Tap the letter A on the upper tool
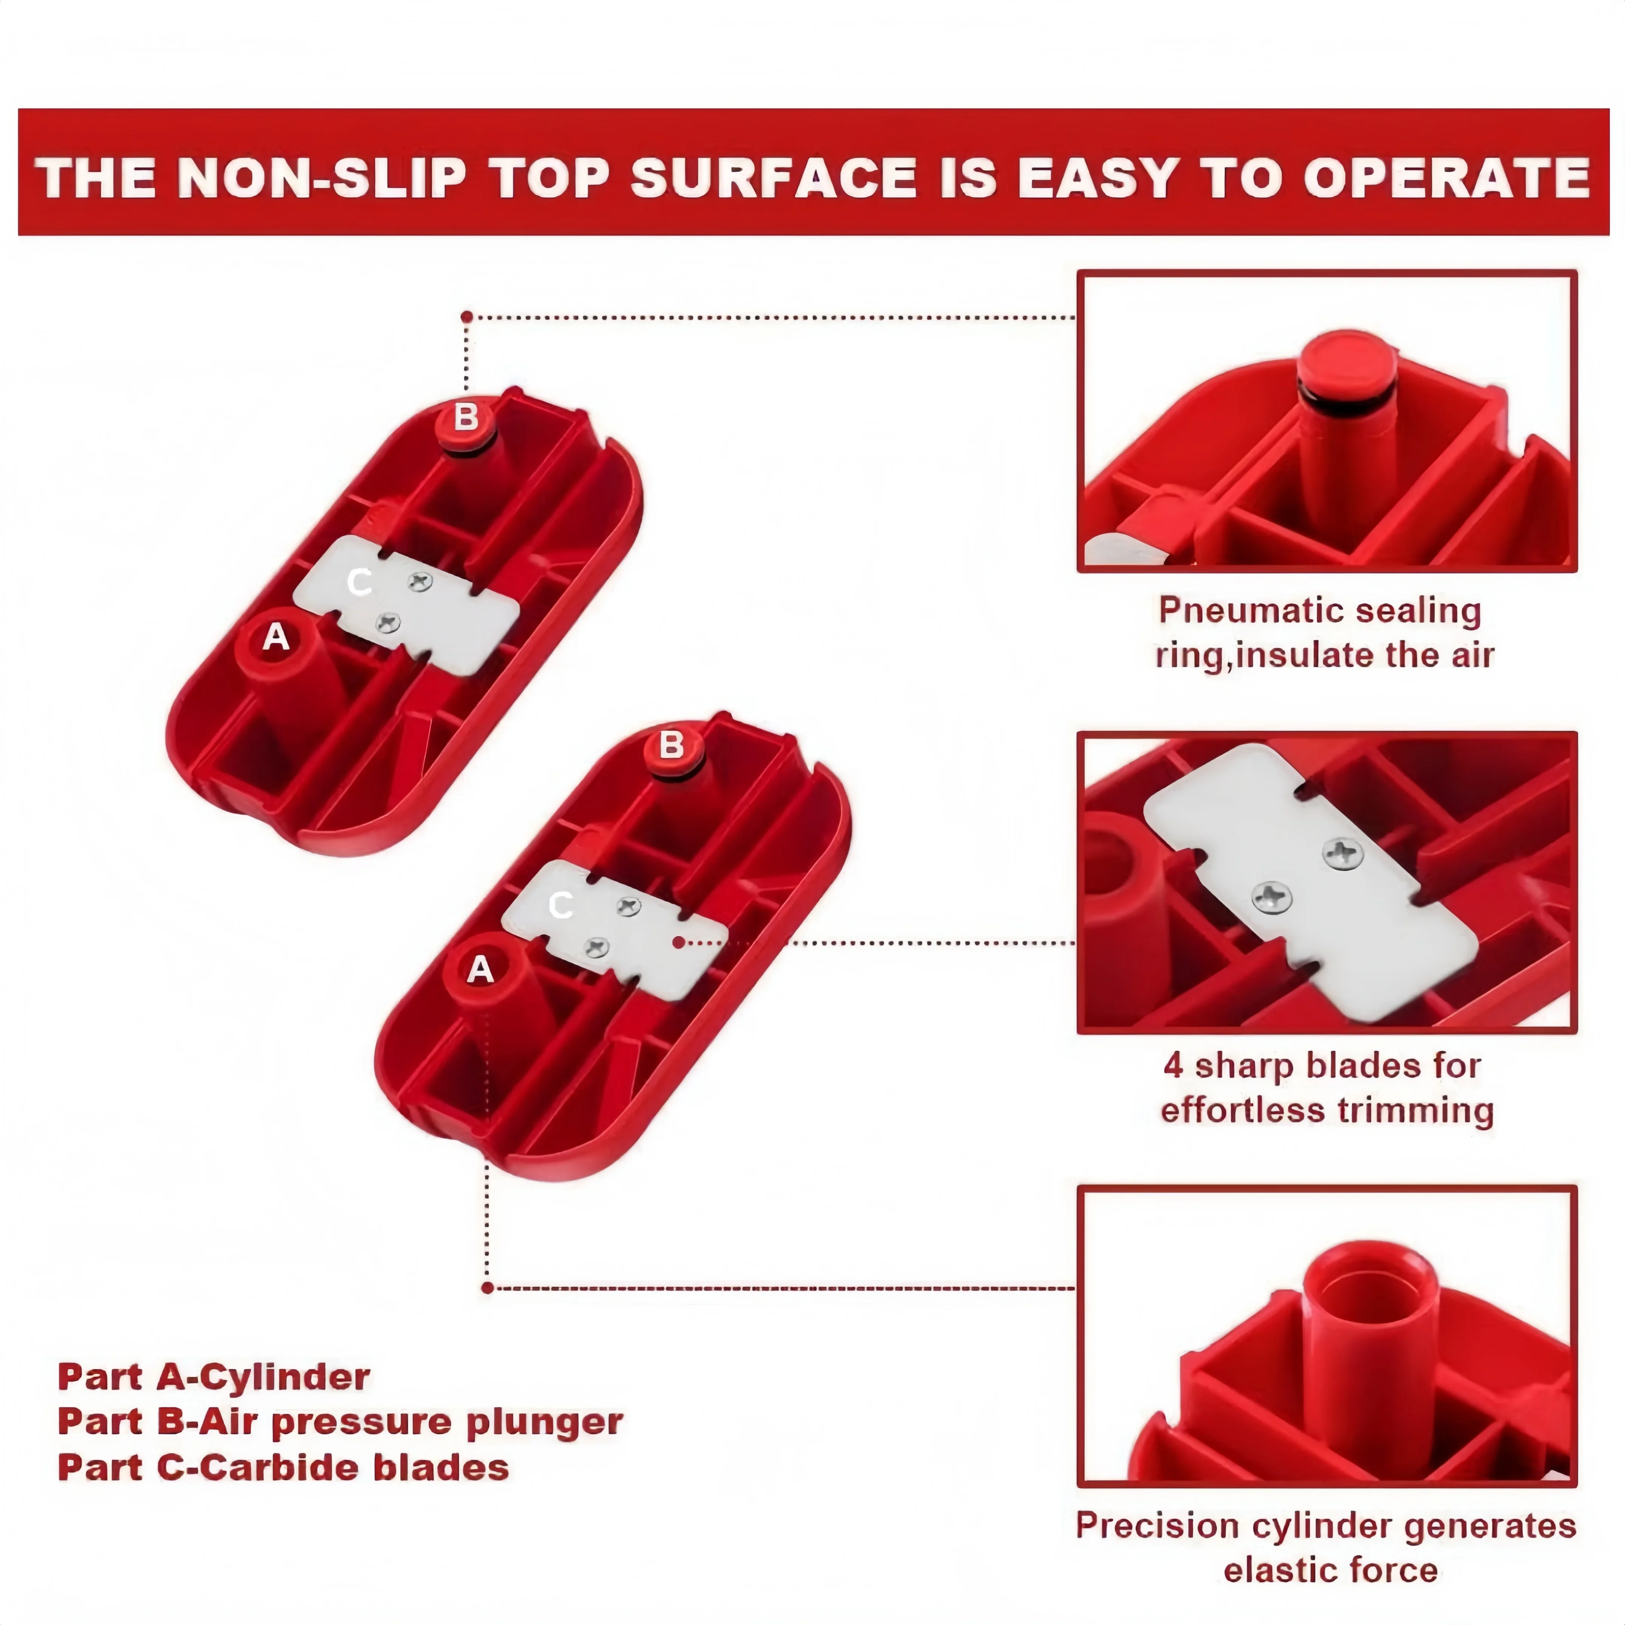276,638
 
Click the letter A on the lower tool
480,970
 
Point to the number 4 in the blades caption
1173,1066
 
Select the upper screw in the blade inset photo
1343,854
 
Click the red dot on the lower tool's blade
678,943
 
